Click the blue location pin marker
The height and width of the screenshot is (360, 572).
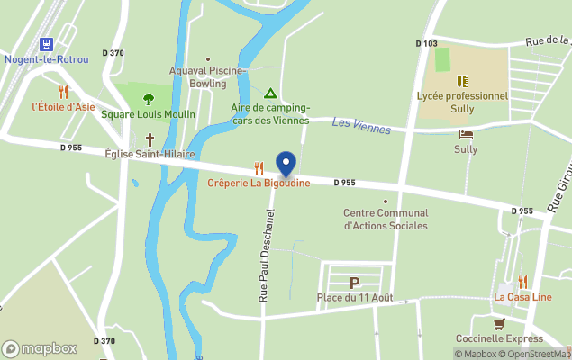point(286,164)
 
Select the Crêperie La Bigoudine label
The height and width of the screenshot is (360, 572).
point(259,184)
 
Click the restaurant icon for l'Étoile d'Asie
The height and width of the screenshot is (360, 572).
point(63,91)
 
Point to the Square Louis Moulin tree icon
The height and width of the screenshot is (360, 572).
point(149,99)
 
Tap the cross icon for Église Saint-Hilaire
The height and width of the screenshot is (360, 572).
point(150,139)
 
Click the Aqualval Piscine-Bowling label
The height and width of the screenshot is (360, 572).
point(208,76)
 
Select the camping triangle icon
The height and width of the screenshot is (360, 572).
point(269,93)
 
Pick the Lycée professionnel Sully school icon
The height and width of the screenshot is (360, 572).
point(462,81)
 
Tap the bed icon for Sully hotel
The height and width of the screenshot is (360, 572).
point(466,134)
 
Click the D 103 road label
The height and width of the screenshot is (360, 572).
point(427,43)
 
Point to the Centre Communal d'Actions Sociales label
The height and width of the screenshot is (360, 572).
point(386,220)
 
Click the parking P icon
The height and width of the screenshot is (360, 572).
point(354,283)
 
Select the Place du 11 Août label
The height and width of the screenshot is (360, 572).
point(354,297)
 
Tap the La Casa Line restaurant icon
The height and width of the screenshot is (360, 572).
point(522,282)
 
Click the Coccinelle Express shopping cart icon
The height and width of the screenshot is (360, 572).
point(498,323)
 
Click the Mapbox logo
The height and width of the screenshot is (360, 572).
point(40,348)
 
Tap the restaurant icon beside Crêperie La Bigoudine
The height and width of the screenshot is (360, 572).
point(259,167)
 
